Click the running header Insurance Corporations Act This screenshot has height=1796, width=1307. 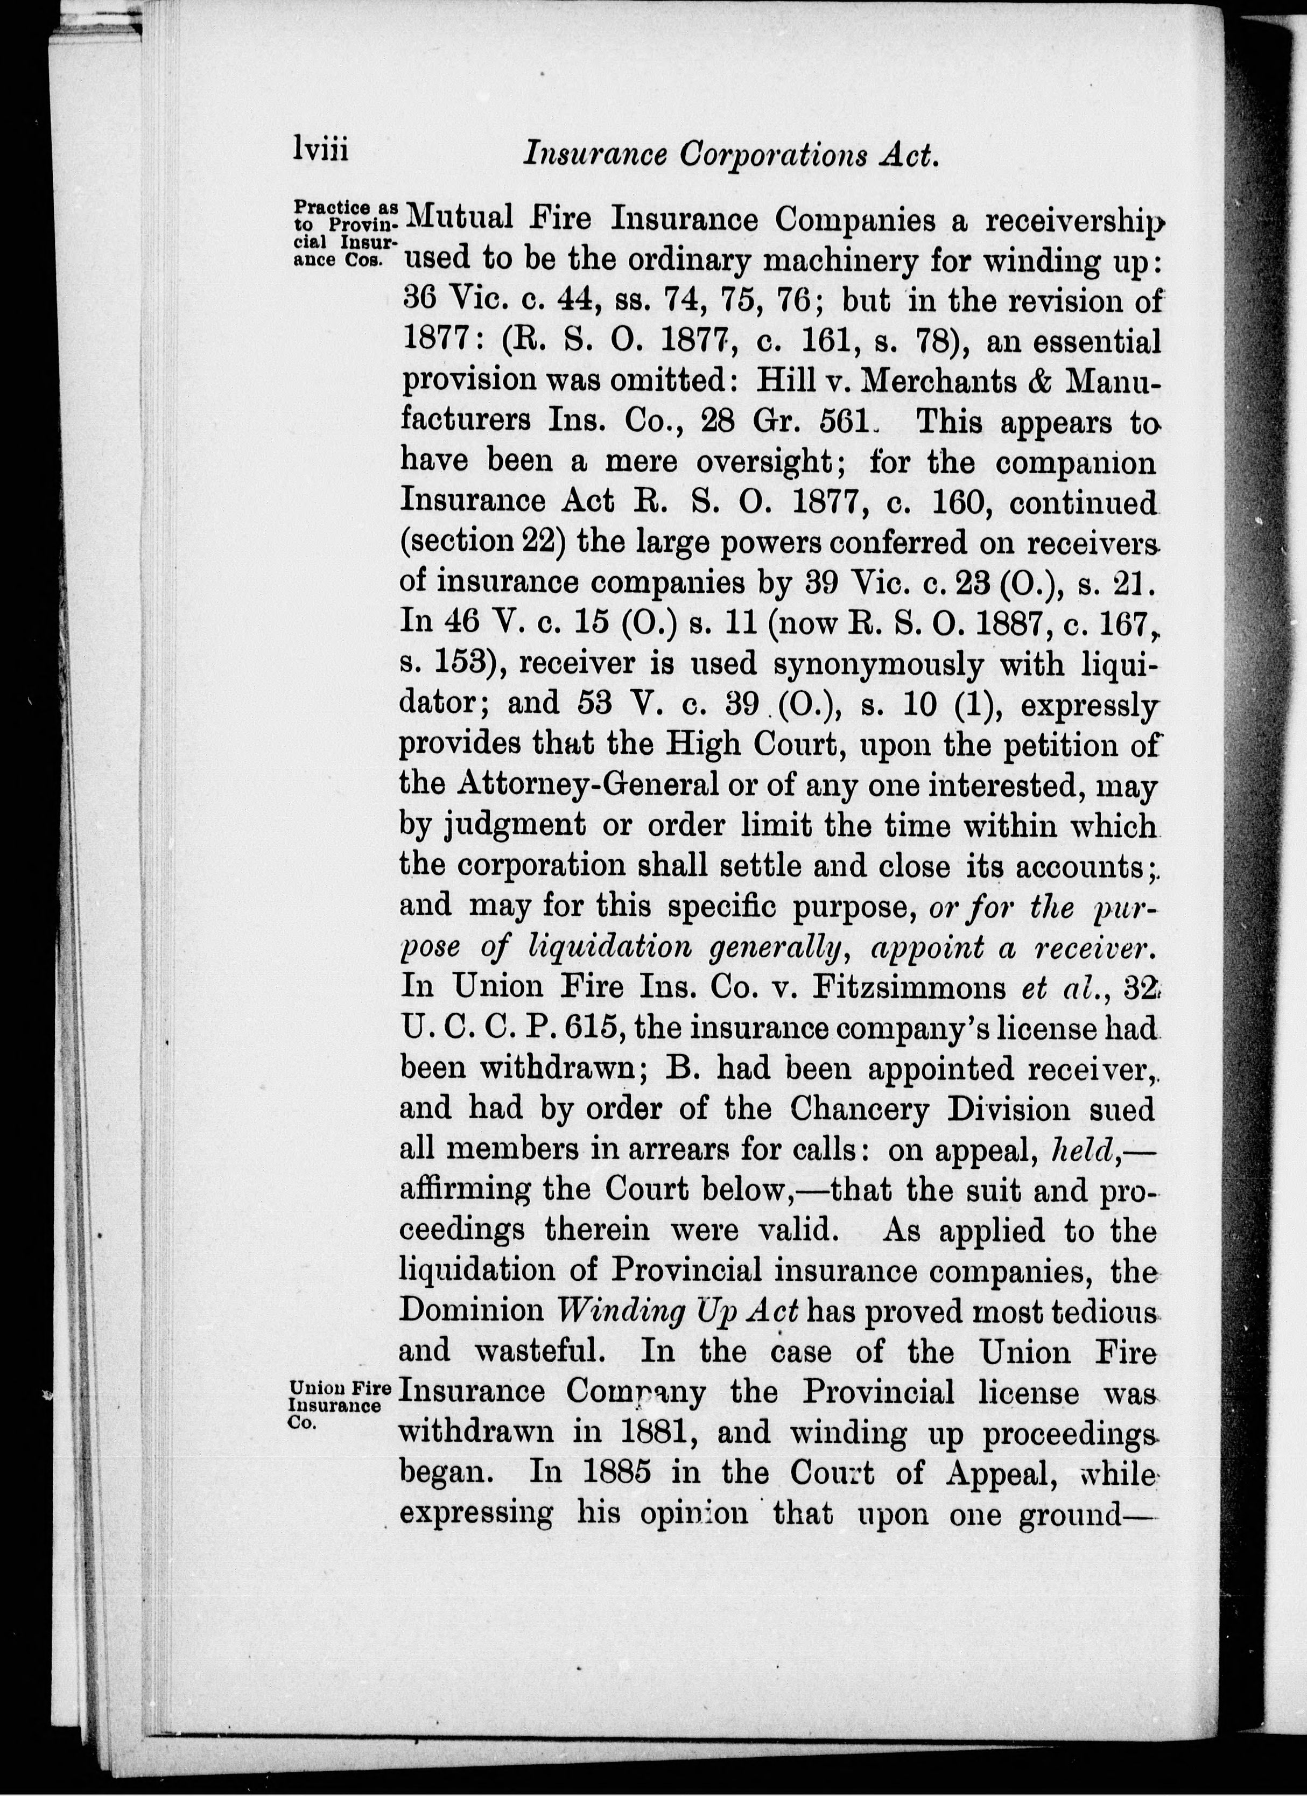730,153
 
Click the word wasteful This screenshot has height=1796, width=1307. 535,1351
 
